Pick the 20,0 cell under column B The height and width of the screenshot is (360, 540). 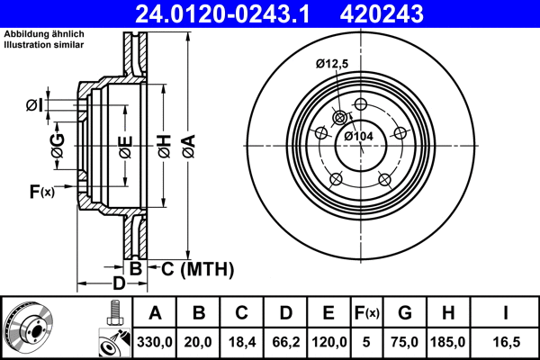[x=199, y=342]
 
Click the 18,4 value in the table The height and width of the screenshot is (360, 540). [x=242, y=342]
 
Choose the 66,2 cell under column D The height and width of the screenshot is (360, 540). [x=285, y=342]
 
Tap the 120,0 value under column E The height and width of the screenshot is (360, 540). [x=329, y=342]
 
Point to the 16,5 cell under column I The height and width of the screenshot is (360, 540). [x=505, y=342]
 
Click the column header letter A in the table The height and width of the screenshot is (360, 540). [x=155, y=313]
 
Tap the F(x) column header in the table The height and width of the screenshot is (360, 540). [x=369, y=313]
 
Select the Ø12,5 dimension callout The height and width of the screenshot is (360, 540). [x=332, y=63]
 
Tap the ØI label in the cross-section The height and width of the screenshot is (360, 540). [x=33, y=106]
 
